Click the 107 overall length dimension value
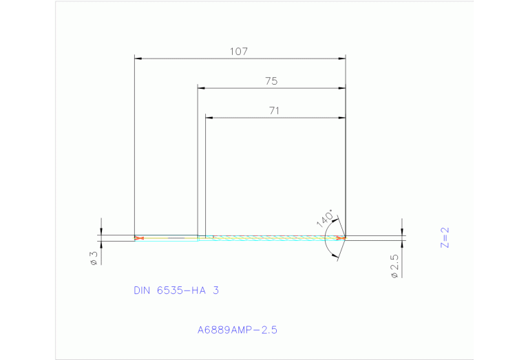240,52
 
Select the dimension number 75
271,81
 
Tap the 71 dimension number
275,110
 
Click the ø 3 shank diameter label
94,258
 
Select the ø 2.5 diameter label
394,266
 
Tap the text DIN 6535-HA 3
176,290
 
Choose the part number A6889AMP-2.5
237,330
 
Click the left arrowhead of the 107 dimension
138,59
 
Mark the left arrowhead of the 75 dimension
202,88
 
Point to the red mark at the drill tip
341,237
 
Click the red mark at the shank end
140,238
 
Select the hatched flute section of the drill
275,237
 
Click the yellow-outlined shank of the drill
169,238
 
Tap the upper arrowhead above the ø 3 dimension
101,231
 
